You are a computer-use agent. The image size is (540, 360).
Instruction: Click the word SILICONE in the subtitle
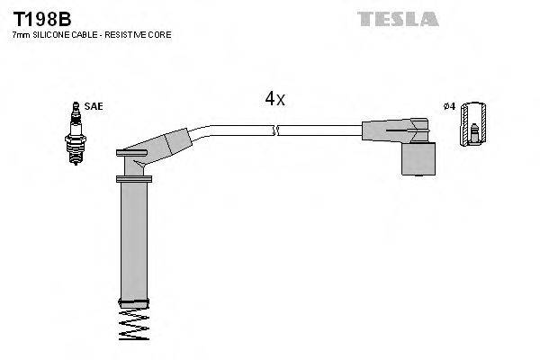pos(48,34)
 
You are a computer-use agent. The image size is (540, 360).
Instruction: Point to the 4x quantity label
pos(274,100)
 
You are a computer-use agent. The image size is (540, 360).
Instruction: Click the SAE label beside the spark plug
pos(94,106)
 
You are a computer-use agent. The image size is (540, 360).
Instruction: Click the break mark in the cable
pos(278,131)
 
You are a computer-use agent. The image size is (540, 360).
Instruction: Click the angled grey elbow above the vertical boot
pos(153,149)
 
